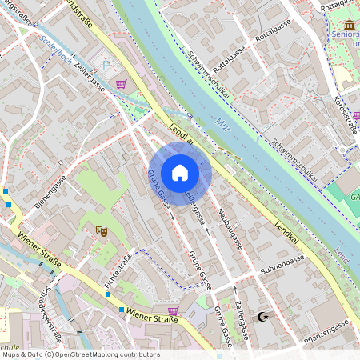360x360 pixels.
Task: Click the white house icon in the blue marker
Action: click(180, 173)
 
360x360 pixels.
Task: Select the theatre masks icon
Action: click(102, 230)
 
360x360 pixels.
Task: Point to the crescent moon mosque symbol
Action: click(260, 317)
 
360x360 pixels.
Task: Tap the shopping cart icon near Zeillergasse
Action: click(122, 83)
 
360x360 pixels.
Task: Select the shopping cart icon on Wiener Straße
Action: click(173, 310)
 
